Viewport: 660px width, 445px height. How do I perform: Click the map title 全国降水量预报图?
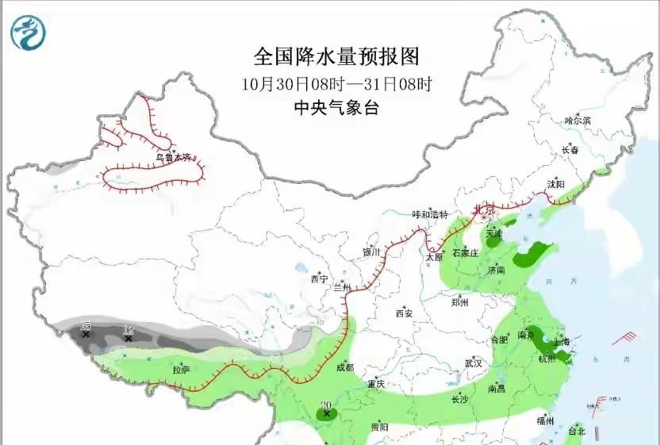tap(336, 57)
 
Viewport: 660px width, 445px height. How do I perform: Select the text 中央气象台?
tap(336, 108)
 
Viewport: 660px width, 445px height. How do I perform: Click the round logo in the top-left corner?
tap(29, 33)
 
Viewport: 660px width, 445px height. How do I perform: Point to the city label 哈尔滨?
tap(577, 121)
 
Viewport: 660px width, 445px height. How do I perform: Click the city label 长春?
tap(570, 150)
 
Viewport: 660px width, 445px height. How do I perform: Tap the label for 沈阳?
tap(555, 185)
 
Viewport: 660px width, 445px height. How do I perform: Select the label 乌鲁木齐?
tap(174, 158)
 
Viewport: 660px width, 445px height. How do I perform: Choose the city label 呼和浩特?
tap(429, 215)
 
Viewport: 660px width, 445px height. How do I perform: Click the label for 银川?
tap(372, 252)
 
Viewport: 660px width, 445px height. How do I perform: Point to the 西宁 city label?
tap(319, 279)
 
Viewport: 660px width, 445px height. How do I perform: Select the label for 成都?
tap(344, 367)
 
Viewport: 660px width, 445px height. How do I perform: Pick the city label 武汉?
tap(474, 363)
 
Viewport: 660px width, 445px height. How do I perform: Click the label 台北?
tap(576, 432)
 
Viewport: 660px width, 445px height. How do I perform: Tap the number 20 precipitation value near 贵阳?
tap(325, 406)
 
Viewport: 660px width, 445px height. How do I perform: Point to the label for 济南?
tap(496, 270)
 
